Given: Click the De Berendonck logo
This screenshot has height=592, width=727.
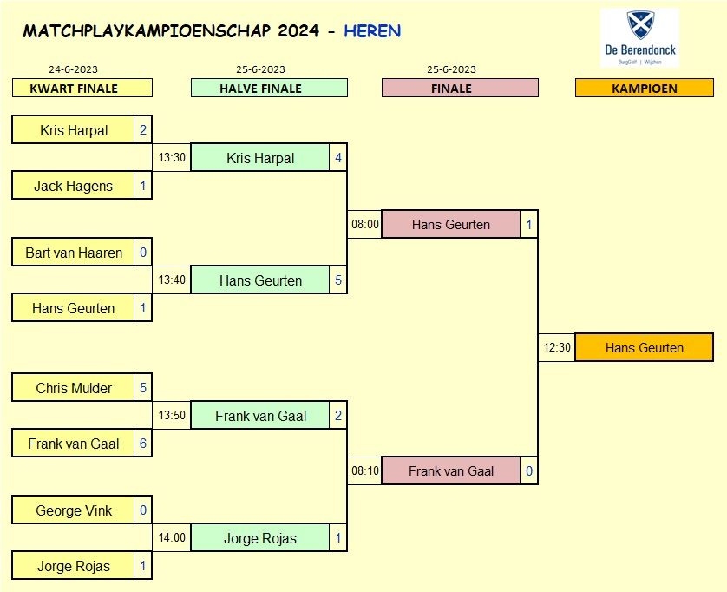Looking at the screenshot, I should (x=640, y=38).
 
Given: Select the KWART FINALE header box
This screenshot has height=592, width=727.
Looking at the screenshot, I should (x=82, y=88).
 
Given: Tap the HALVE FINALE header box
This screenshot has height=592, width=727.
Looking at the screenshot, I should (x=269, y=88).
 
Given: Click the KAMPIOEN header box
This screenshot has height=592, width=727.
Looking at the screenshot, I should (x=644, y=88).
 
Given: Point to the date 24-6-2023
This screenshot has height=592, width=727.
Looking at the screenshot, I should (x=74, y=69).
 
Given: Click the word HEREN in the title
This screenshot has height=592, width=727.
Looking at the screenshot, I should (x=372, y=31).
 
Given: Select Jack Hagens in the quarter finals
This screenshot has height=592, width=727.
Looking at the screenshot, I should (x=73, y=186).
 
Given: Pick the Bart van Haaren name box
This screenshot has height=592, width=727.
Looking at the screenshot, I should (x=73, y=253).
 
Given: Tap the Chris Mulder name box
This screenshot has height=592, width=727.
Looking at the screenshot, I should (x=73, y=388).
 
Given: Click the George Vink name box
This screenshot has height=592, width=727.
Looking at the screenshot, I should (x=73, y=510).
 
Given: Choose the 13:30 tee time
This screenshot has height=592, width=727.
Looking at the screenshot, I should (x=172, y=158).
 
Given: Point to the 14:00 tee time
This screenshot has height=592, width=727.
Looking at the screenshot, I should (x=172, y=538).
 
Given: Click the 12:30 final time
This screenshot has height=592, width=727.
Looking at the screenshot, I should (x=557, y=347).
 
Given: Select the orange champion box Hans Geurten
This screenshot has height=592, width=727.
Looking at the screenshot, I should (x=644, y=347).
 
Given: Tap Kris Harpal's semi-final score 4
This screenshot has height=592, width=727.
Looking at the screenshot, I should (x=338, y=158).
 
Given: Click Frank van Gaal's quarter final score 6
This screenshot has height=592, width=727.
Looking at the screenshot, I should (x=143, y=444).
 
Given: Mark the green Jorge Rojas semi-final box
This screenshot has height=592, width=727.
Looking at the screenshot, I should (x=260, y=538).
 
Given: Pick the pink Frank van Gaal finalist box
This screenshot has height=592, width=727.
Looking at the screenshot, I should (x=451, y=471).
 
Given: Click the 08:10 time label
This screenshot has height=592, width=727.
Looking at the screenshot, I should (x=365, y=471).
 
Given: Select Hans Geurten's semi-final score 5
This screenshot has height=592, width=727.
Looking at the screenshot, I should (x=338, y=280).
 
